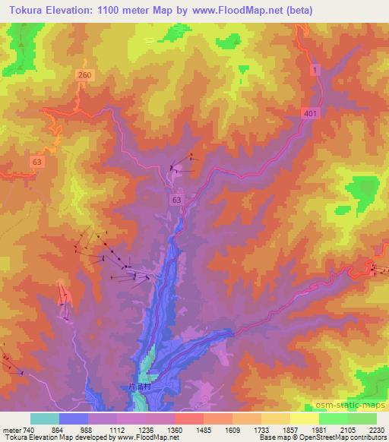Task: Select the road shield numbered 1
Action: pyautogui.click(x=315, y=69)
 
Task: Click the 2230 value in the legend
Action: pyautogui.click(x=375, y=429)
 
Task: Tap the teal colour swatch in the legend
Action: pyautogui.click(x=45, y=418)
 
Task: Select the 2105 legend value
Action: pyautogui.click(x=347, y=429)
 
